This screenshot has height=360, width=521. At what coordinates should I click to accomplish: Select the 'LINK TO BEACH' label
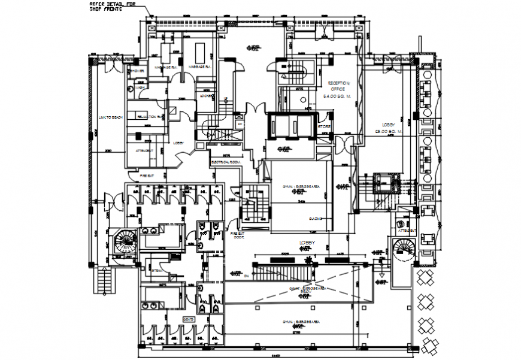click(x=110, y=117)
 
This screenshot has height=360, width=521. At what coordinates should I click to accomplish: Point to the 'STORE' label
click(x=325, y=127)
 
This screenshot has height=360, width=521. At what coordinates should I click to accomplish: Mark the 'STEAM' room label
click(x=157, y=270)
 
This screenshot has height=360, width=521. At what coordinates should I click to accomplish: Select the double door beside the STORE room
click(x=345, y=144)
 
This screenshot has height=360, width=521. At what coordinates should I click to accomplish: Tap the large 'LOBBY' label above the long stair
click(x=307, y=242)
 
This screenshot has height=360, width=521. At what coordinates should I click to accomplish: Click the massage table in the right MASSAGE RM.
click(x=199, y=51)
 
